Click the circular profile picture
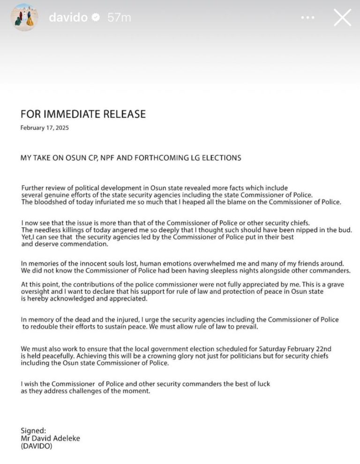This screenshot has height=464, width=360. pyautogui.click(x=24, y=17)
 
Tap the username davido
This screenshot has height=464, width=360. pyautogui.click(x=68, y=18)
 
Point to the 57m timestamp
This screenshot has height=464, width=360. pyautogui.click(x=119, y=18)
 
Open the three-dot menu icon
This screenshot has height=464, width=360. pyautogui.click(x=308, y=18)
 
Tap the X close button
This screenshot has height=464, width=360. pyautogui.click(x=342, y=18)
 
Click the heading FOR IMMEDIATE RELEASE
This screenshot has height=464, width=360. pyautogui.click(x=83, y=114)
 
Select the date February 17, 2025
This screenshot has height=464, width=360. pyautogui.click(x=45, y=128)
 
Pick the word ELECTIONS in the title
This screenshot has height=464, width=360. pyautogui.click(x=222, y=158)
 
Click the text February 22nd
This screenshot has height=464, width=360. pyautogui.click(x=302, y=349)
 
